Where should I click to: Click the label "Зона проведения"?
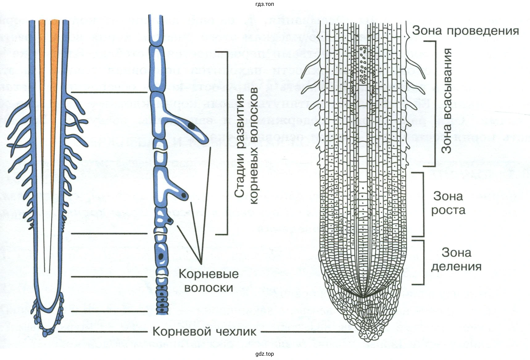click(465, 31)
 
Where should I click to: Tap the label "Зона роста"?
click(448, 203)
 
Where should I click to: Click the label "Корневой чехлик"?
click(204, 332)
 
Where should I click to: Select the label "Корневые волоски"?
click(209, 281)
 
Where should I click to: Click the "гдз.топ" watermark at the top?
click(265, 4)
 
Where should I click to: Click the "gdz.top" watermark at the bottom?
click(265, 354)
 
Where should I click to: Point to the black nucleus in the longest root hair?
click(192, 126)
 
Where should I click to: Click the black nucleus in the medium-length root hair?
click(184, 195)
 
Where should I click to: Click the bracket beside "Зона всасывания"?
click(434, 103)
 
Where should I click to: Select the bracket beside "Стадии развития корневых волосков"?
click(227, 143)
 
